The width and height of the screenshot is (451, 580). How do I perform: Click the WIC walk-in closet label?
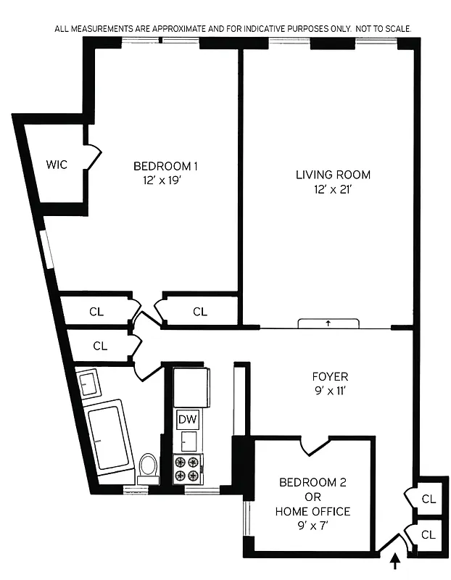click(57, 165)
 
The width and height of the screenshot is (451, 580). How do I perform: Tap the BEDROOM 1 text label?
click(165, 166)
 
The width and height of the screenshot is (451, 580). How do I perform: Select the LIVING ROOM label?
click(333, 175)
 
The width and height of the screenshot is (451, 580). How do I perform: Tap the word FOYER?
click(330, 377)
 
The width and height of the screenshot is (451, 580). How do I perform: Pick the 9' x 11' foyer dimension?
click(330, 391)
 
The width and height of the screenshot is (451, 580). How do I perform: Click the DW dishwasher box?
click(186, 420)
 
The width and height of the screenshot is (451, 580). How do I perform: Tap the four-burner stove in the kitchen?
click(188, 468)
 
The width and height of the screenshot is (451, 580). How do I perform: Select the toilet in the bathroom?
click(149, 465)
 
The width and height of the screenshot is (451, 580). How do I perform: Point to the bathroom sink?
click(90, 382)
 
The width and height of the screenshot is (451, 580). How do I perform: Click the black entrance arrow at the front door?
click(395, 560)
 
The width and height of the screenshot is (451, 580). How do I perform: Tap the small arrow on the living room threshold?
click(328, 323)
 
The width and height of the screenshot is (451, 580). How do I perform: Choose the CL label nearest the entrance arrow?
click(428, 535)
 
